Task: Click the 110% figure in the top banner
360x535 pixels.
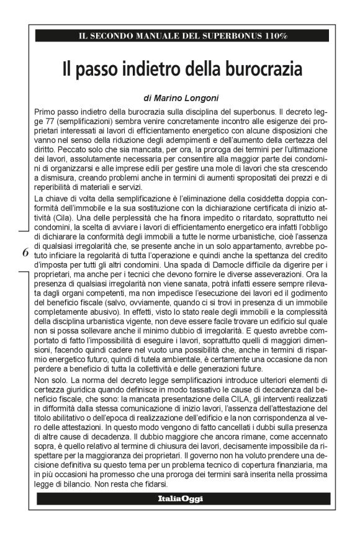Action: (274, 37)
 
